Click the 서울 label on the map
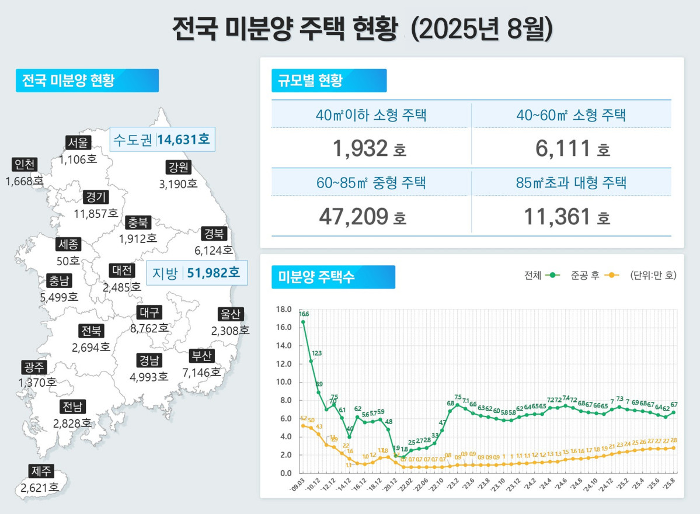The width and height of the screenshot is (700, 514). click(x=78, y=143)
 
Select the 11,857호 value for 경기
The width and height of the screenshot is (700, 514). click(x=96, y=213)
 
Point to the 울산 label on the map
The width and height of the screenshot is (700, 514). click(x=230, y=314)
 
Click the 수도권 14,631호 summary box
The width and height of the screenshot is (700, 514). click(x=162, y=140)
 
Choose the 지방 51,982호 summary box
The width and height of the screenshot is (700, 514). click(x=196, y=272)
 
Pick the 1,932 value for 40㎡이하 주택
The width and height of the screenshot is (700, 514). click(x=360, y=149)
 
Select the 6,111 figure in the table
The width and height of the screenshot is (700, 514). click(x=563, y=149)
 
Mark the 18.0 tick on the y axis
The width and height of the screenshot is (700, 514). click(x=283, y=310)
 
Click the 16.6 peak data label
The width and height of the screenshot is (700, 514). click(x=304, y=314)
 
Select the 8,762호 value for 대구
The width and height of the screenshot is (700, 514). click(x=149, y=328)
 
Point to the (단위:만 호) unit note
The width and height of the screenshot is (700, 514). click(x=653, y=275)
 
